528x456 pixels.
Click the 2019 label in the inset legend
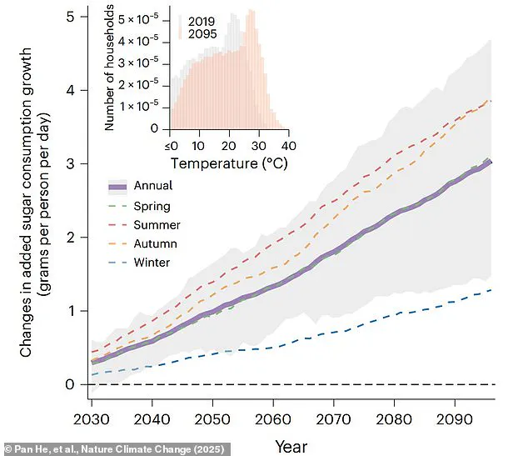tap(202, 18)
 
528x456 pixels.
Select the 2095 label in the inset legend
tap(202, 33)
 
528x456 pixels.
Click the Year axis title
tap(291, 446)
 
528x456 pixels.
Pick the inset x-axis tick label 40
tap(287, 144)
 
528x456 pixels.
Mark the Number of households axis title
tap(112, 68)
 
